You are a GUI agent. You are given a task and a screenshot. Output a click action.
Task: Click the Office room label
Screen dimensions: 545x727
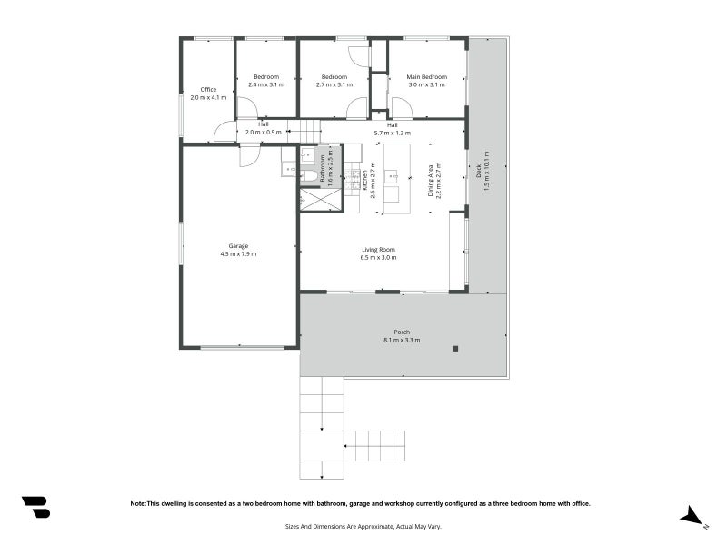(208, 89)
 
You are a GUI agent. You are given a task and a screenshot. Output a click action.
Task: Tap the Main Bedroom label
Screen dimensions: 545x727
(426, 77)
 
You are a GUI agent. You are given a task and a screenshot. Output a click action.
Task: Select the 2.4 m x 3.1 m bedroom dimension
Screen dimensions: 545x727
(266, 84)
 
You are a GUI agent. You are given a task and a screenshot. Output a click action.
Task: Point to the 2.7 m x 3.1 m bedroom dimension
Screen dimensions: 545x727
(334, 84)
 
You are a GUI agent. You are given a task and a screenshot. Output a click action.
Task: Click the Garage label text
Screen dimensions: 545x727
(238, 246)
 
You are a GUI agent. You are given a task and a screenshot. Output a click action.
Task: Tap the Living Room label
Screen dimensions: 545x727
(378, 250)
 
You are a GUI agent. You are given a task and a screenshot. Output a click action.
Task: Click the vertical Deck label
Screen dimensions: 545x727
(479, 171)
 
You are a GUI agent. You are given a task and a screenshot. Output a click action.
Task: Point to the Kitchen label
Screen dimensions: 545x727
(364, 178)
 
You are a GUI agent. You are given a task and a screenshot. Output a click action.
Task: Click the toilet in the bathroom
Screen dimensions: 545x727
(308, 176)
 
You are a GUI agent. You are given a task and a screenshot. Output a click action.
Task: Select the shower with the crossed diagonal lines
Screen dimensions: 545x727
(322, 200)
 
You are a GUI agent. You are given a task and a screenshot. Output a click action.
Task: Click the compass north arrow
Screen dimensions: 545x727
(692, 516)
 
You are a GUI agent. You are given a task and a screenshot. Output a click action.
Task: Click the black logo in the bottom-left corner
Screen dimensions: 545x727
(35, 507)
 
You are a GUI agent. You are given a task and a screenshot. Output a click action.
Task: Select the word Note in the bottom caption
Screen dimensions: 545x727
(138, 503)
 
